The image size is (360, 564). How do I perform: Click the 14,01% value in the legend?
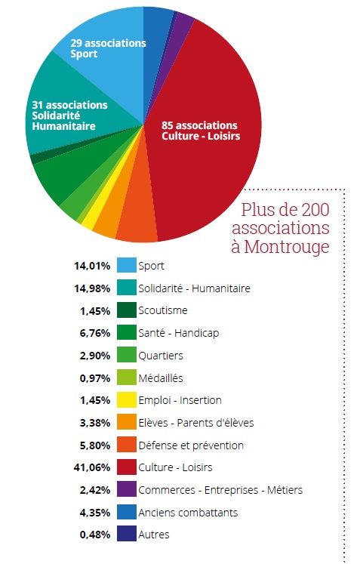point(92,266)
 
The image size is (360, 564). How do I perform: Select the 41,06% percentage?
point(92,467)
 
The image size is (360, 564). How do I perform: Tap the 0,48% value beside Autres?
point(95,535)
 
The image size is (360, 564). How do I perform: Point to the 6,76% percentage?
point(95,333)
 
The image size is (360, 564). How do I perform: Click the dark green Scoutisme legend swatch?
point(127,310)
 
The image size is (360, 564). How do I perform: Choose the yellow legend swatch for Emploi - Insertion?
point(127,399)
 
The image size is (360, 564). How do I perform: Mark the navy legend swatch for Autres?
point(127,534)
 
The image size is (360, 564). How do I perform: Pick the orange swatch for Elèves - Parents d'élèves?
point(127,422)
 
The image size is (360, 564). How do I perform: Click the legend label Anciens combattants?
point(188,512)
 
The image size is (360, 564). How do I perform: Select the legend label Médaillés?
point(161,378)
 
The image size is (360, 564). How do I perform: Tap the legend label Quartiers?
point(161,356)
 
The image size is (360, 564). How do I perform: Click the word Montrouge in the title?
point(287,247)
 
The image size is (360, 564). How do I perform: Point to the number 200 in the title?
point(315,210)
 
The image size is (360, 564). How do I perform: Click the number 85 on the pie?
point(168,125)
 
